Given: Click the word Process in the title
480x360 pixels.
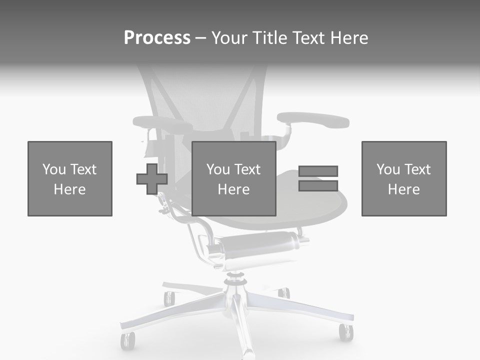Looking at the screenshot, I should (157, 38).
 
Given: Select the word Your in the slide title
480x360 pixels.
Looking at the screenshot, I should (230, 38).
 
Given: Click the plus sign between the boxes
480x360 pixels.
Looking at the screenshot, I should (152, 178).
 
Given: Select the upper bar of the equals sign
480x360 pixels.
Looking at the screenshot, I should (318, 171).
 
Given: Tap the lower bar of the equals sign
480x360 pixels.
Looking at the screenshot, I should (318, 186).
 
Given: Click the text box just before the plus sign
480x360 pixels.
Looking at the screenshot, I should (69, 178).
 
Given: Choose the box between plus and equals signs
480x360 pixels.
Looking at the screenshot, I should (233, 178).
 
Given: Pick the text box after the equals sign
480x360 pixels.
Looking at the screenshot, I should (403, 178).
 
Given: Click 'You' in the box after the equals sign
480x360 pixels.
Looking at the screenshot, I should (388, 169).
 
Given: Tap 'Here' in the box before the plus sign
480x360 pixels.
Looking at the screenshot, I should (69, 189).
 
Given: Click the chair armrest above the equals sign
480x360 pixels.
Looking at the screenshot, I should (313, 120).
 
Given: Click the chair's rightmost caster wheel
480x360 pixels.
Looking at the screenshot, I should (345, 332).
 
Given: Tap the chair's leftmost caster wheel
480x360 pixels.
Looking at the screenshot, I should (127, 341).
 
